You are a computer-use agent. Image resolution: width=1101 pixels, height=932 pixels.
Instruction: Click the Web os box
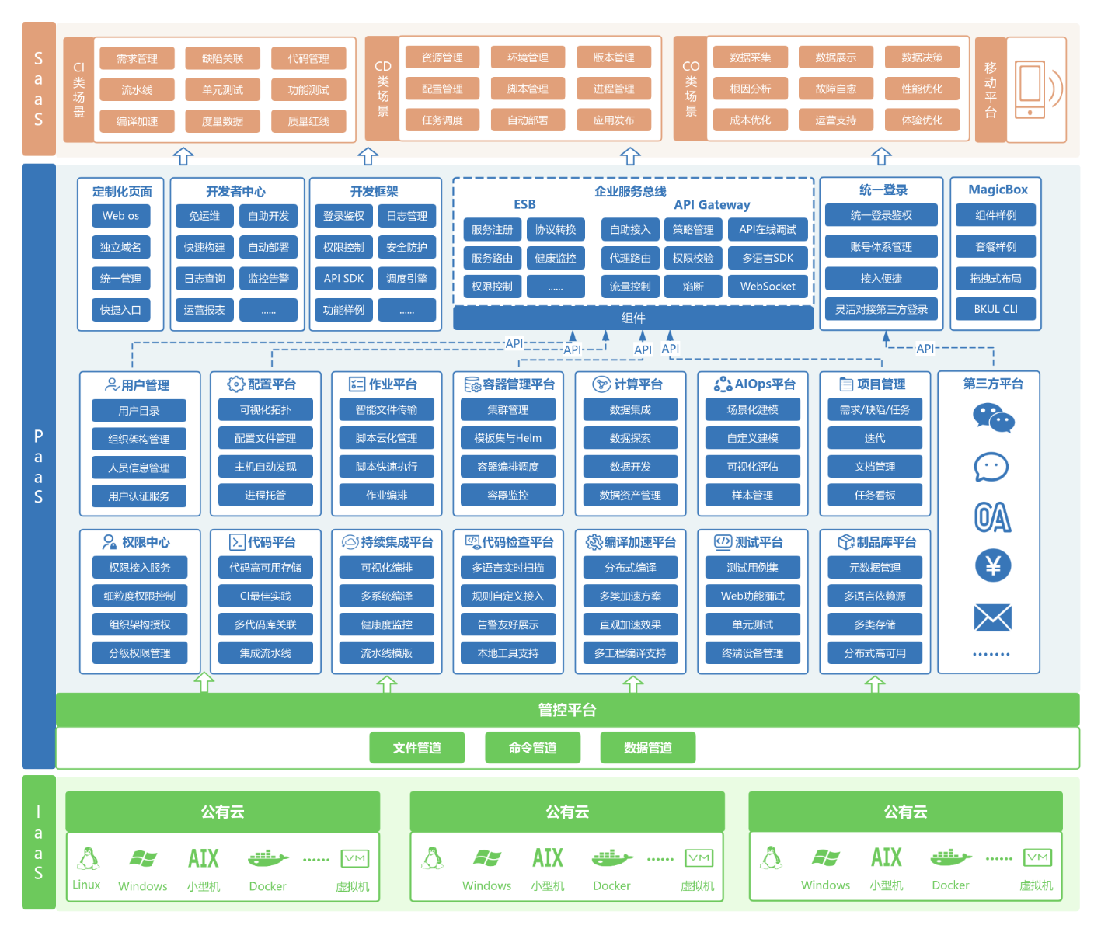(x=120, y=216)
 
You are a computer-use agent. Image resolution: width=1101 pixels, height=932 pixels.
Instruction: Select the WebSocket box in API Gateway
(x=768, y=287)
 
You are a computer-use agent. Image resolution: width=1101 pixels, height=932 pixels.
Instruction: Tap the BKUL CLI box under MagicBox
(x=995, y=309)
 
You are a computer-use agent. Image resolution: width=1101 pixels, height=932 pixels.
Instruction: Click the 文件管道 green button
(x=417, y=748)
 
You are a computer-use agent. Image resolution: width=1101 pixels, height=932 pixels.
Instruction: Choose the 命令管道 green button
(x=532, y=748)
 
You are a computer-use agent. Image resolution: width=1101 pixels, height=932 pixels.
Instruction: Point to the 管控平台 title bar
(x=567, y=710)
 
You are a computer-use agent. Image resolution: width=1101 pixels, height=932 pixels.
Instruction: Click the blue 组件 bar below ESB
(x=633, y=318)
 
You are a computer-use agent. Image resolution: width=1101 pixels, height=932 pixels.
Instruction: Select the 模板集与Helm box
(x=508, y=438)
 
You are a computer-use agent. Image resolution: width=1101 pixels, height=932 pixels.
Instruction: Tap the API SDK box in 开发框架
(x=343, y=279)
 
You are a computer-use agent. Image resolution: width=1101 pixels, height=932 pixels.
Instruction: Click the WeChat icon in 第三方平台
(x=993, y=418)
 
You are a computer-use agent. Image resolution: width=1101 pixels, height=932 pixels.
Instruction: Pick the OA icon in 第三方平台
(x=992, y=517)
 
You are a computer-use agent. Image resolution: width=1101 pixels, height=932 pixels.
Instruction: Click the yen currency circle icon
(x=992, y=566)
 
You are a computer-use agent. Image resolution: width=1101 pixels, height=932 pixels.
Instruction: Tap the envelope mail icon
(x=992, y=618)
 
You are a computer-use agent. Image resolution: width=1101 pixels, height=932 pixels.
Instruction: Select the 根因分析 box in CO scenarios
(x=750, y=89)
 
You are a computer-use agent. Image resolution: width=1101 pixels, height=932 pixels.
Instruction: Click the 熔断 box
(x=693, y=287)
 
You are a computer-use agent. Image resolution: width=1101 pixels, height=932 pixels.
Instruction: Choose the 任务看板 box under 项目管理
(x=875, y=496)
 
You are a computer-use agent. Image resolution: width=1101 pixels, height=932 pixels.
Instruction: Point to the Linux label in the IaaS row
(x=86, y=885)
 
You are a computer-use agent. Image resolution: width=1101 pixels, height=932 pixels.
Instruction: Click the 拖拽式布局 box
(x=995, y=278)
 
